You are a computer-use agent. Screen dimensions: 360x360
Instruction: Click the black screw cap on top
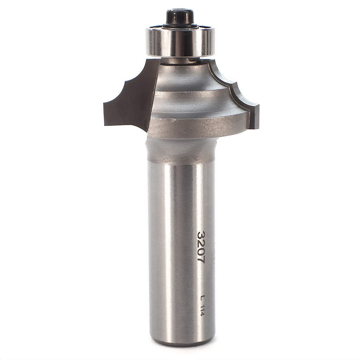pos(180,16)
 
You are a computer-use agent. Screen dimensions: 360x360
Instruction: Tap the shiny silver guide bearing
pos(180,42)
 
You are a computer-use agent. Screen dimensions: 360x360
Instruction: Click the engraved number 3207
pos(201,247)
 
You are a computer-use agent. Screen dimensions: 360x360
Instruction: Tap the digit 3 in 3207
pos(201,235)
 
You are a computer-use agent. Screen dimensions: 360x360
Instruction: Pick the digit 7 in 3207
pos(201,260)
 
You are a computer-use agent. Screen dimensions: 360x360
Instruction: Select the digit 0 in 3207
pos(201,252)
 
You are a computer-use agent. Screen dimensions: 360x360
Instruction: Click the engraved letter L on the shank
pos(202,298)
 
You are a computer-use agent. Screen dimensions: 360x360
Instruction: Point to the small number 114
pos(202,311)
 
